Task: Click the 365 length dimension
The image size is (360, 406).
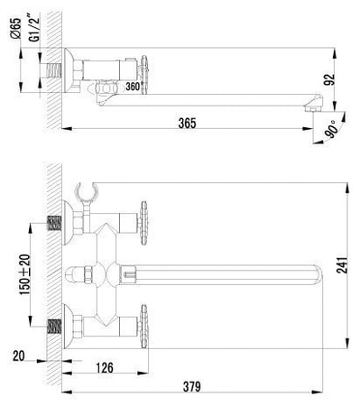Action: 188,122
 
